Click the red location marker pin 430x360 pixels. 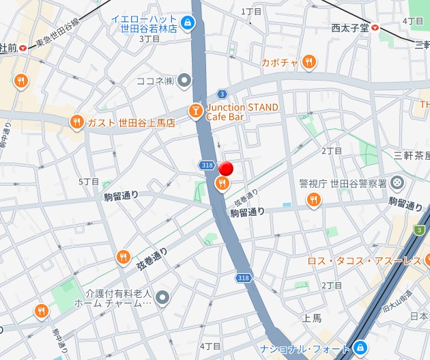(225, 169)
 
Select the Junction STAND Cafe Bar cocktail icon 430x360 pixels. (196, 111)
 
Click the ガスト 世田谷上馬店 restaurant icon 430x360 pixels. (76, 122)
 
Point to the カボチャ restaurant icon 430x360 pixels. (309, 62)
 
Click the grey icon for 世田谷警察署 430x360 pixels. (398, 183)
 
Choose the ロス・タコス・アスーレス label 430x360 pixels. (364, 261)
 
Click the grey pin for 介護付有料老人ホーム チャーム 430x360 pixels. (162, 297)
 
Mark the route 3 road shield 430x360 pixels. (222, 94)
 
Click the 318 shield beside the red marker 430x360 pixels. (207, 165)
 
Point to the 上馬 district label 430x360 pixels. (312, 318)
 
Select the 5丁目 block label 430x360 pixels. (89, 182)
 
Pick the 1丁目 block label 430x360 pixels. (251, 12)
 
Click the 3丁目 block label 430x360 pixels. (149, 39)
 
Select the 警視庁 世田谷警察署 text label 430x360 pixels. (343, 183)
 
